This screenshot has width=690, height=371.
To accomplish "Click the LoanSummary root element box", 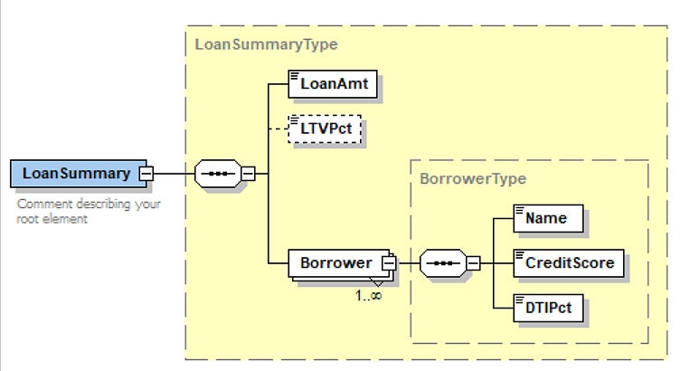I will (76, 173).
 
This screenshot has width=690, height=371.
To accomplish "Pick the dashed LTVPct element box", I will (325, 129).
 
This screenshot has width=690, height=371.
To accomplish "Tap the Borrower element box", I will (336, 262).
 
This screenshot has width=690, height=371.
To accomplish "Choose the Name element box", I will (548, 218).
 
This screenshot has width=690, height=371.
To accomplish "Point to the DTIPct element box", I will (548, 309).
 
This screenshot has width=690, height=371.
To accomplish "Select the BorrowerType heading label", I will (473, 178).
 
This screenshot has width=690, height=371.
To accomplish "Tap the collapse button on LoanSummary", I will (145, 173).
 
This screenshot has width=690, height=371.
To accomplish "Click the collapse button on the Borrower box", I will (390, 262).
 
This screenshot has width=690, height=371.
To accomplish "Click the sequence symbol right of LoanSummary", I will (219, 173).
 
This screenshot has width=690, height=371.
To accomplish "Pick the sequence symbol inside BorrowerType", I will (443, 263).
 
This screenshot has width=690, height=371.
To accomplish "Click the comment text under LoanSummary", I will (89, 211).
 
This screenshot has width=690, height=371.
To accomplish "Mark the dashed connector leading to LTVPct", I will (275, 129).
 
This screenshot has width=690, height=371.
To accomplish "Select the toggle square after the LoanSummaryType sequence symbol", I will (249, 173).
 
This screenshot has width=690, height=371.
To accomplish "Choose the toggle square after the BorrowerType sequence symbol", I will (473, 263).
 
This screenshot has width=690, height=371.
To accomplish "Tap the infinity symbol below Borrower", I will (373, 294).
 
